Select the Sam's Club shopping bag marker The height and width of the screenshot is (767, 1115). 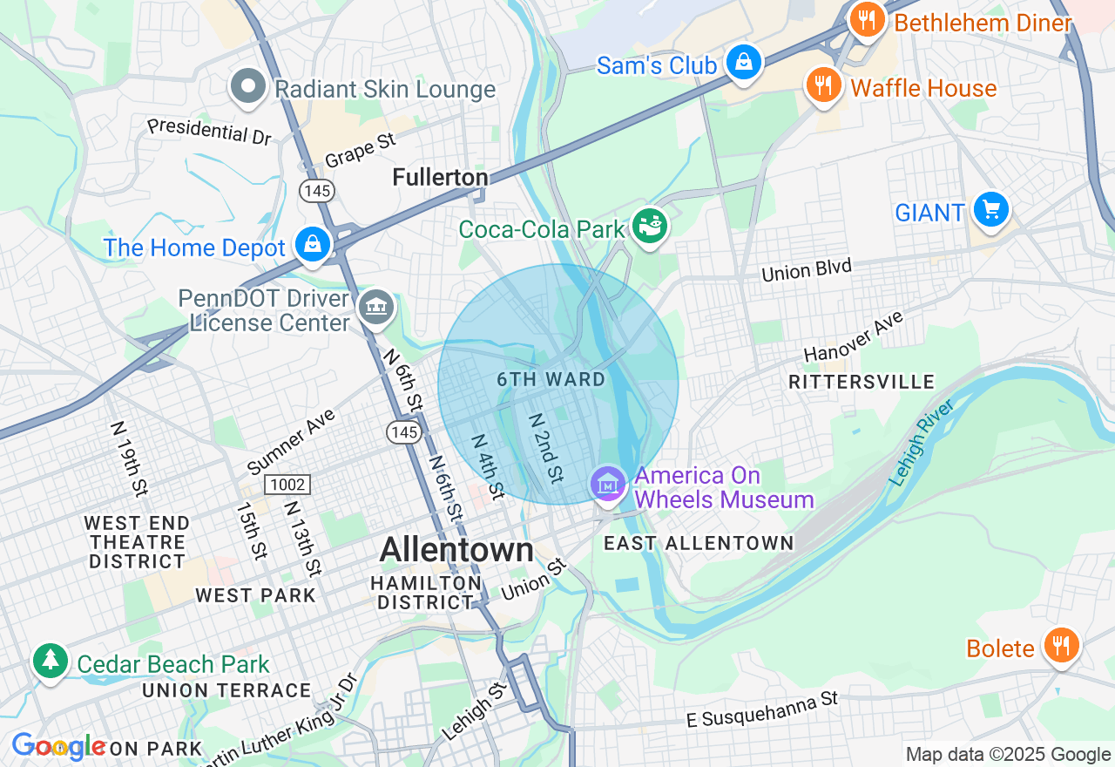(x=744, y=63)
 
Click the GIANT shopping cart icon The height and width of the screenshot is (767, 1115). (x=990, y=210)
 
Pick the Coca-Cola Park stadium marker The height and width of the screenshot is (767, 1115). (x=650, y=226)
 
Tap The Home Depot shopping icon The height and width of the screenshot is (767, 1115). (x=312, y=245)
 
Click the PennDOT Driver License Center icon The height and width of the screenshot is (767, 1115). (x=376, y=307)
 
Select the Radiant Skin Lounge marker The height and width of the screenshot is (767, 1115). (x=248, y=86)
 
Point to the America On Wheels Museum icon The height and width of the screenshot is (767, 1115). (x=608, y=483)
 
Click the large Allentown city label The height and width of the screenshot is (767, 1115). (x=456, y=550)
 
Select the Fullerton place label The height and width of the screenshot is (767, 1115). (x=440, y=178)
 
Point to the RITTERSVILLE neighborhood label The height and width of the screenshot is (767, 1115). (x=861, y=382)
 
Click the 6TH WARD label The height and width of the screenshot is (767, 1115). (x=551, y=379)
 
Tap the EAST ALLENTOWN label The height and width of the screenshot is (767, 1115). (x=699, y=543)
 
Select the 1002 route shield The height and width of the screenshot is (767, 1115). (x=287, y=484)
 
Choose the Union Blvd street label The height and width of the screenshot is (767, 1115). (x=806, y=270)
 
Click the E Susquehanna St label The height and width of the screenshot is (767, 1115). (x=761, y=708)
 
